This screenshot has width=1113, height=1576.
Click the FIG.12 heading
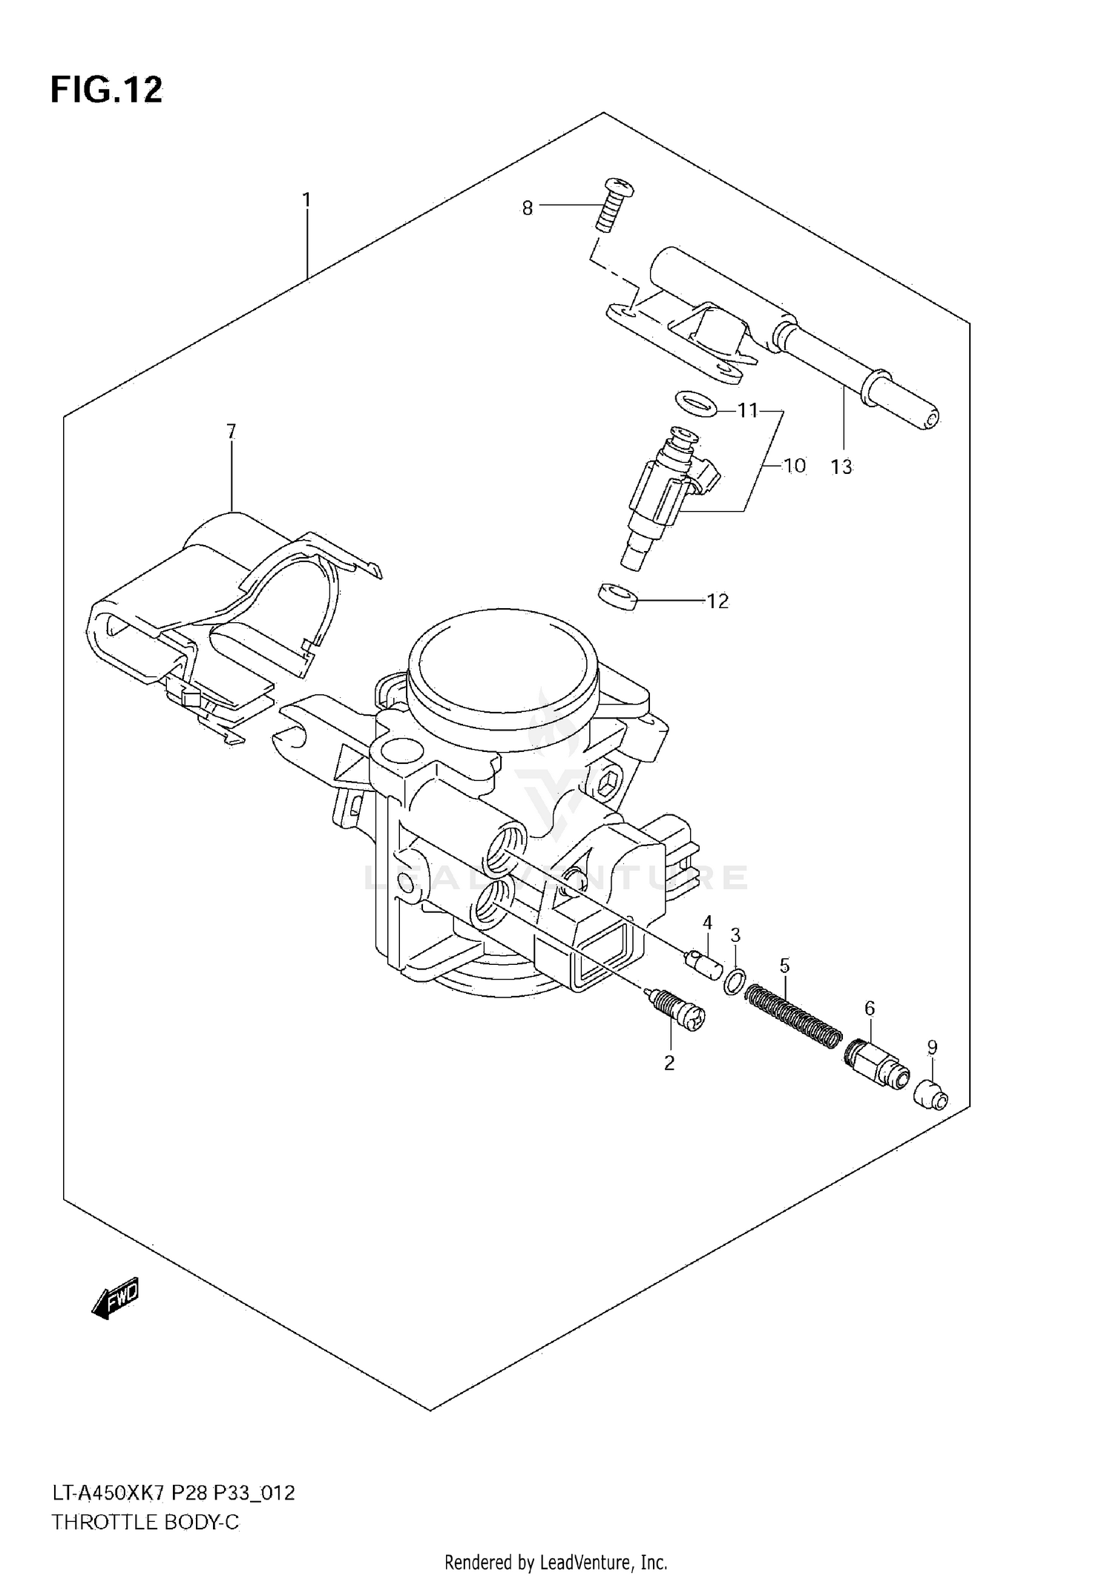106,90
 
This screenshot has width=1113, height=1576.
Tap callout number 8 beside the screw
528,208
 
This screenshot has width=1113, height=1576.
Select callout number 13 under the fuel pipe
841,467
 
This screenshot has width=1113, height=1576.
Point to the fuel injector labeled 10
668,493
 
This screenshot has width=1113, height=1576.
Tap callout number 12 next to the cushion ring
718,601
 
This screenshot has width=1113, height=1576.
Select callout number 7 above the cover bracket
231,431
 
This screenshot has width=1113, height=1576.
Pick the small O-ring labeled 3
733,983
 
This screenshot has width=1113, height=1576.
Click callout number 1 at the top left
306,200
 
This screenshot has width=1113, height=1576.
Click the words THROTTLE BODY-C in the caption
145,1522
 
